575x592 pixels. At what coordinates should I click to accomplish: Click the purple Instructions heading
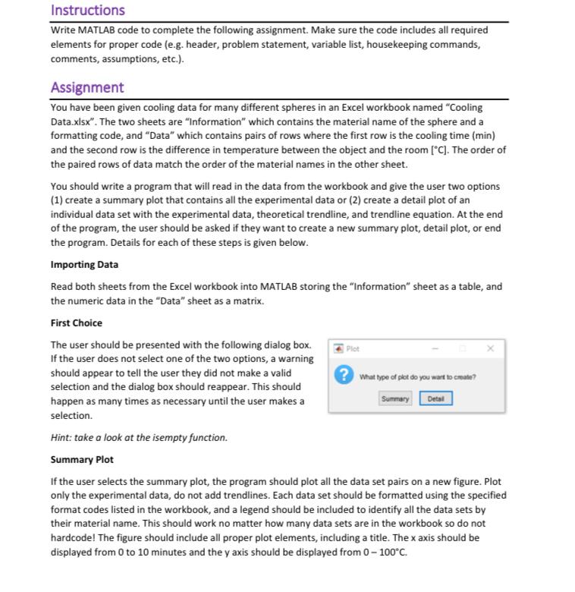87,10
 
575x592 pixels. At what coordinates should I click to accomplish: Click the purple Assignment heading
86,87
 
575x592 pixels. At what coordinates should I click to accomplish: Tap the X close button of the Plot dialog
490,348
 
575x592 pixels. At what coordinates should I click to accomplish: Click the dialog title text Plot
353,349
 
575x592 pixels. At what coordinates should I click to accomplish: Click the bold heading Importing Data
84,264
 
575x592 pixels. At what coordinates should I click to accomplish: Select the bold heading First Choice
76,323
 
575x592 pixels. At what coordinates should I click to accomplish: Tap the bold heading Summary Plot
82,459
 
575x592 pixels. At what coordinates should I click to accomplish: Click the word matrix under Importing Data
248,301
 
